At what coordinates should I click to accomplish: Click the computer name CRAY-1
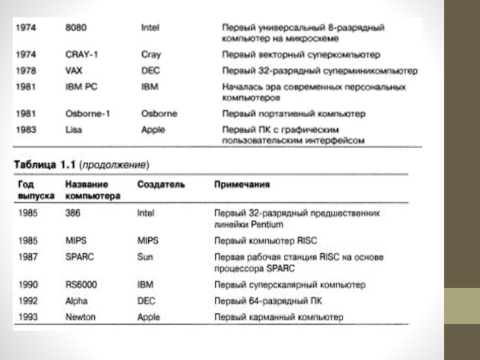point(82,55)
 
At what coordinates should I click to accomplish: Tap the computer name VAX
point(74,70)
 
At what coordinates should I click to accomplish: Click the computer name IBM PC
point(81,86)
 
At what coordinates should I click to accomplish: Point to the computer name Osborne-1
point(87,113)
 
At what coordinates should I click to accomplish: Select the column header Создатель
point(161,185)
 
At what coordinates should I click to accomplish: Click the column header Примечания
point(242,185)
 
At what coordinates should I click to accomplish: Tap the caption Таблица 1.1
point(45,164)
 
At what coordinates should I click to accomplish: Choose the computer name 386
point(73,213)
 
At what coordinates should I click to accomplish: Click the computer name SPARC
point(80,257)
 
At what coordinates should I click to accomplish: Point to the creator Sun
point(145,257)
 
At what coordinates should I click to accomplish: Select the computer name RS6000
point(81,284)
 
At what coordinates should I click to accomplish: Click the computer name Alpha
point(76,300)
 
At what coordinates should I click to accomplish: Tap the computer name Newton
point(80,316)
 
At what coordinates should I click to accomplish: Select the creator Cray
point(151,55)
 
